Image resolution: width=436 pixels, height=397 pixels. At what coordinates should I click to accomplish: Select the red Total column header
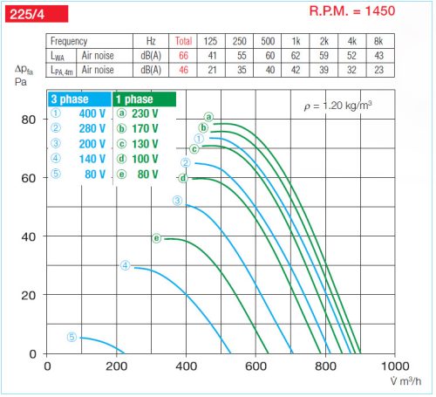pyautogui.click(x=183, y=41)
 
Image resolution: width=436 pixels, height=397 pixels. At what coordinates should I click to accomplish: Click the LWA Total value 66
pyautogui.click(x=183, y=54)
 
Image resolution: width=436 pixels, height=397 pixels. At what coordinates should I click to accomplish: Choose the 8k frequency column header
pyautogui.click(x=378, y=41)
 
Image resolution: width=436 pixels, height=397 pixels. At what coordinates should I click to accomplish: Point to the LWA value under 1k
pyautogui.click(x=296, y=54)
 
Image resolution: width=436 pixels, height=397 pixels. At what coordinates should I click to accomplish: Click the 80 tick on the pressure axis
pyautogui.click(x=30, y=120)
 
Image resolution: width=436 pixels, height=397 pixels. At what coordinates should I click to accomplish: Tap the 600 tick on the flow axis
pyautogui.click(x=255, y=367)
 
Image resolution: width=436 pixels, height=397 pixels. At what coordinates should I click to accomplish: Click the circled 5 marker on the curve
pyautogui.click(x=72, y=337)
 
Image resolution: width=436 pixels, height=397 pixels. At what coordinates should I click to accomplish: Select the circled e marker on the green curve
pyautogui.click(x=157, y=237)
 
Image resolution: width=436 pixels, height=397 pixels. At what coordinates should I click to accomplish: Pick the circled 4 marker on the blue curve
pyautogui.click(x=126, y=265)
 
